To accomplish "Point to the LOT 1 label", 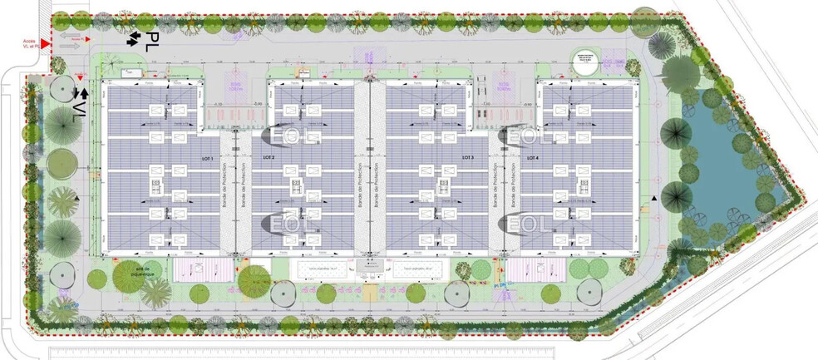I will [x=206, y=157].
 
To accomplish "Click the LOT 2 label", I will [x=269, y=157].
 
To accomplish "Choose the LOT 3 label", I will [x=467, y=157].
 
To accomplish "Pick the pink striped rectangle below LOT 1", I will [x=200, y=269].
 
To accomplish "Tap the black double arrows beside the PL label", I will [x=132, y=37].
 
